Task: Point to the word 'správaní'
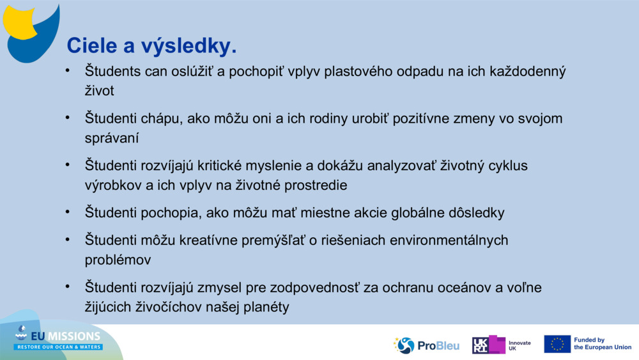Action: (112, 137)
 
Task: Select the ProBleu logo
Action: (426, 345)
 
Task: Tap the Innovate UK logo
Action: (502, 345)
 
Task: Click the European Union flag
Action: (557, 344)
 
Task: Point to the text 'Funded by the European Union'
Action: (602, 344)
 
